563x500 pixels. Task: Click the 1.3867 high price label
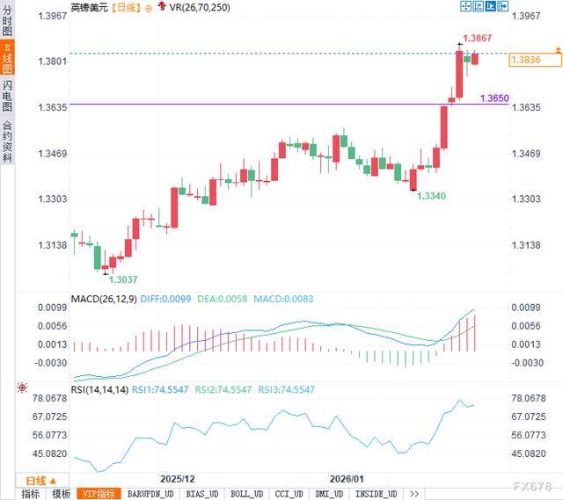pyautogui.click(x=479, y=39)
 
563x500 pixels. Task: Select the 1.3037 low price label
pyautogui.click(x=122, y=279)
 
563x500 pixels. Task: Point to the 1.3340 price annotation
pyautogui.click(x=430, y=194)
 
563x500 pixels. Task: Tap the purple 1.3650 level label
pyautogui.click(x=494, y=98)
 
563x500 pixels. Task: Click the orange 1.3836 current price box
pyautogui.click(x=536, y=60)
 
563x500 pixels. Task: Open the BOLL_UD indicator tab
pyautogui.click(x=247, y=494)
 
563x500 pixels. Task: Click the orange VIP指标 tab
pyautogui.click(x=99, y=494)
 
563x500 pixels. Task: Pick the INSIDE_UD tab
pyautogui.click(x=380, y=494)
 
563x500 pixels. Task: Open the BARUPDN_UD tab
pyautogui.click(x=151, y=494)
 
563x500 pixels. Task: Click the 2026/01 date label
pyautogui.click(x=347, y=479)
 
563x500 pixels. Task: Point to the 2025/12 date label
pyautogui.click(x=177, y=479)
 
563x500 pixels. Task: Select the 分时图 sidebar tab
pyautogui.click(x=7, y=23)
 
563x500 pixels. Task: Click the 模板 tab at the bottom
pyautogui.click(x=61, y=494)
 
